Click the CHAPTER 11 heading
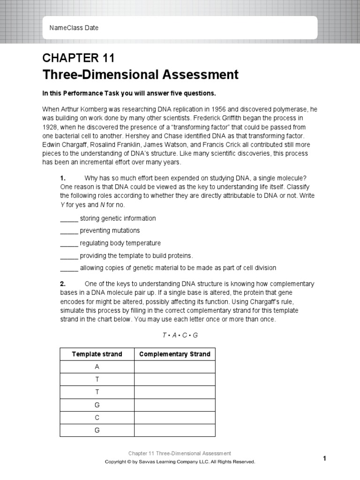click(x=78, y=58)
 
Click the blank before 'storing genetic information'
click(x=69, y=218)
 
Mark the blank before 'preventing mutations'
click(x=69, y=231)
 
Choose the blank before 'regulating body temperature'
click(x=69, y=243)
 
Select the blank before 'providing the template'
click(x=69, y=255)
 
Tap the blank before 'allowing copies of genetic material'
click(x=69, y=268)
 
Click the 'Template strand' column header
click(x=97, y=354)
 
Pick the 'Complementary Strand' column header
click(x=175, y=354)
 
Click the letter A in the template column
click(x=97, y=367)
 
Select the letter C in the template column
click(x=97, y=417)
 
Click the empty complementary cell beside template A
click(x=175, y=367)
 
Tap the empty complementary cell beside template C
click(x=175, y=417)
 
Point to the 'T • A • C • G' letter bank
click(x=180, y=335)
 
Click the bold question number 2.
click(x=62, y=284)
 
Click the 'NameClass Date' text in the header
click(x=74, y=28)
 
